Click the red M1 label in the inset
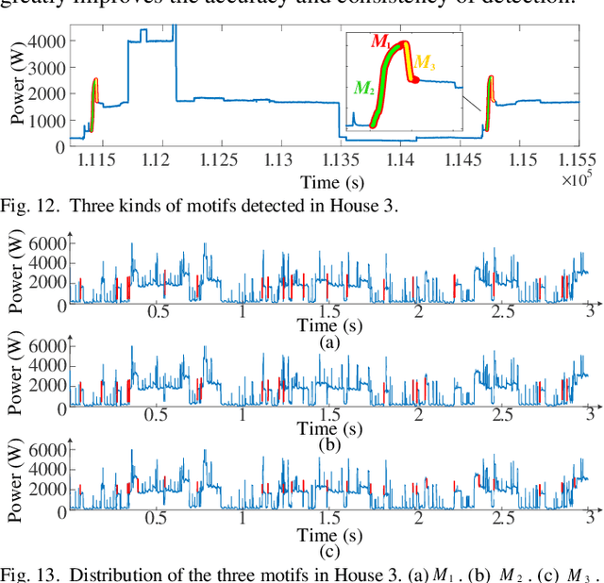click(380, 41)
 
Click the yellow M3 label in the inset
click(426, 63)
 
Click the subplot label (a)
click(329, 341)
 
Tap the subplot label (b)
click(329, 443)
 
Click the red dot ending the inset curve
click(416, 80)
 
